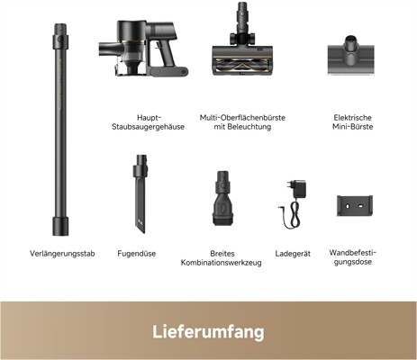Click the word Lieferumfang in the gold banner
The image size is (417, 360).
[208, 331]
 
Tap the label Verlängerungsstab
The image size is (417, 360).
[62, 254]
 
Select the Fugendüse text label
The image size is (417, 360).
[137, 254]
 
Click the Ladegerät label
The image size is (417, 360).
[293, 254]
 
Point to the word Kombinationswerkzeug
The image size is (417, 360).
[221, 263]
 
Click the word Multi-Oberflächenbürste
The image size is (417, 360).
[242, 118]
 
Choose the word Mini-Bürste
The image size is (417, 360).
[353, 127]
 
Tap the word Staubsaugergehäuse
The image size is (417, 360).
[148, 127]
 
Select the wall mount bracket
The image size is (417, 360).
[355, 206]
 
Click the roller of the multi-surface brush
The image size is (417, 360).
[242, 64]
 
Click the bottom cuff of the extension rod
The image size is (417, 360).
[60, 226]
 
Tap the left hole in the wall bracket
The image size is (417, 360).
[348, 207]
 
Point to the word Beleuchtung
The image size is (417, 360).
[249, 127]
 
